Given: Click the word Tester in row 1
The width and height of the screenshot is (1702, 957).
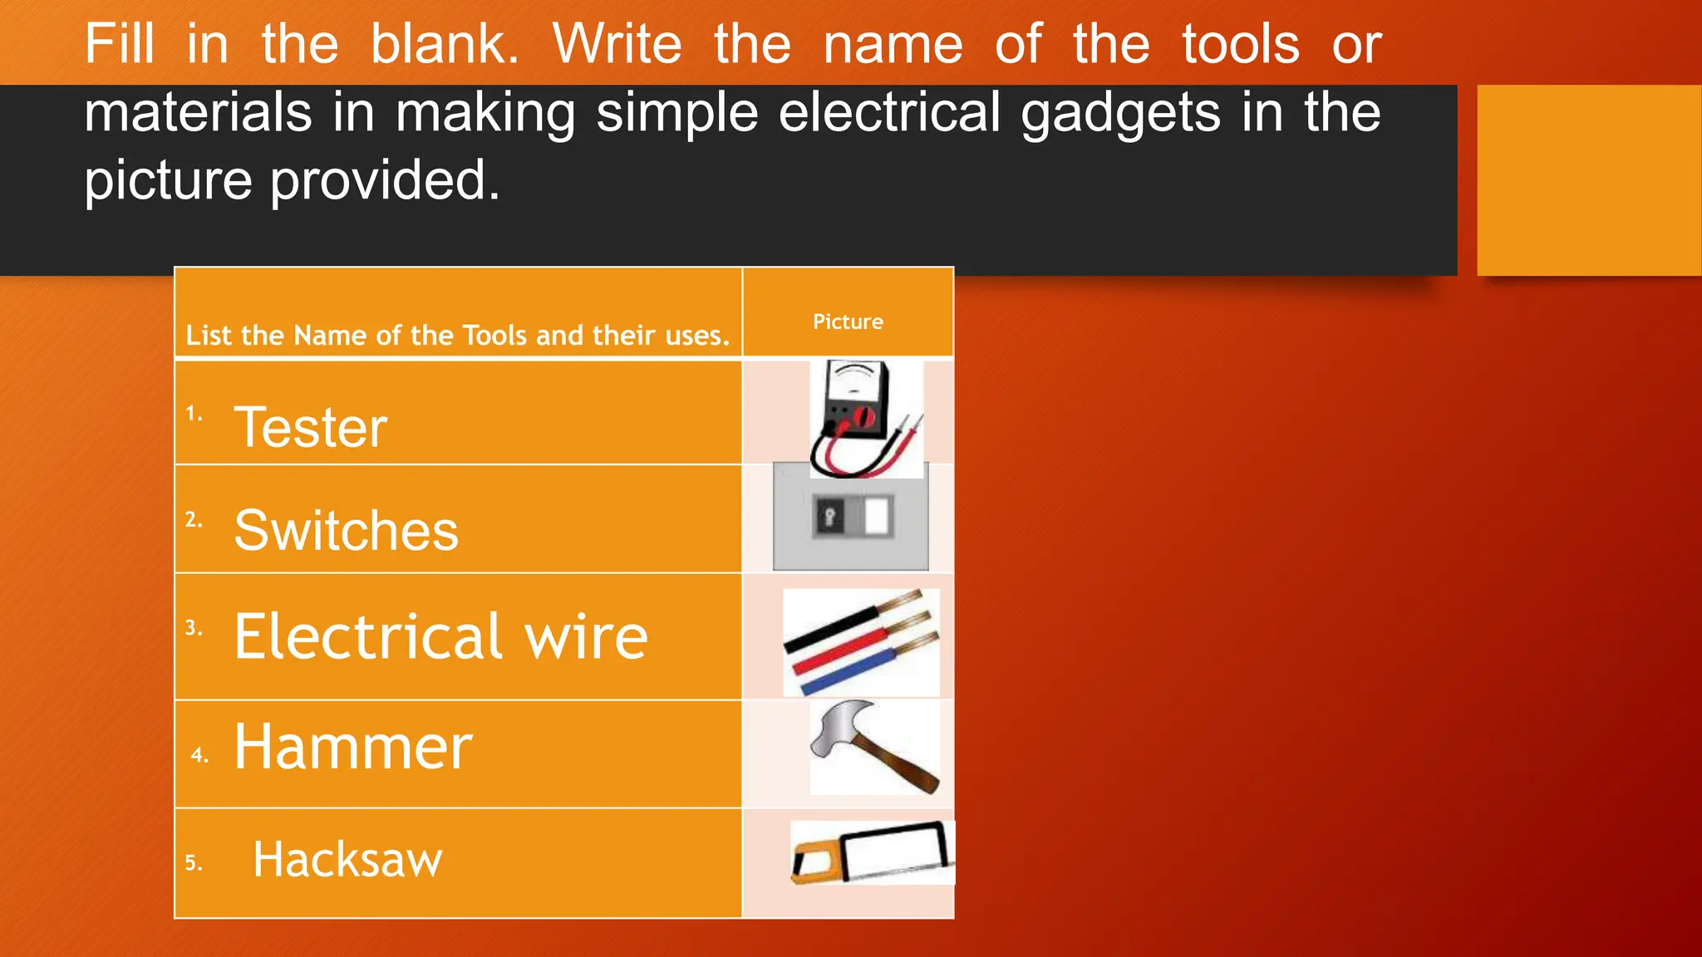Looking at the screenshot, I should pyautogui.click(x=310, y=427).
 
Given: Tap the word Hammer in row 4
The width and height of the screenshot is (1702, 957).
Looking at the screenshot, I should pyautogui.click(x=352, y=747).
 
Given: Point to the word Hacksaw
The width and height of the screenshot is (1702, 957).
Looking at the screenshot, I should pyautogui.click(x=347, y=859).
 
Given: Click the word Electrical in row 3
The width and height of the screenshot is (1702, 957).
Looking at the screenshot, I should pyautogui.click(x=368, y=636).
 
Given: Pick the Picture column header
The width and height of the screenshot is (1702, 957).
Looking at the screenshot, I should pyautogui.click(x=848, y=321).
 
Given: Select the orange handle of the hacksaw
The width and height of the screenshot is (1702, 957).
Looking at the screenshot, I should pyautogui.click(x=810, y=860).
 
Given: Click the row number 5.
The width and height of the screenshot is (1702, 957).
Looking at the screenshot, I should pyautogui.click(x=193, y=863).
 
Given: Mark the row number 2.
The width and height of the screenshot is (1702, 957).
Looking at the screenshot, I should pyautogui.click(x=193, y=520).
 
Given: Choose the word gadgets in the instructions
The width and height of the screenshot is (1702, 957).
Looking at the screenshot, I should pyautogui.click(x=1120, y=112).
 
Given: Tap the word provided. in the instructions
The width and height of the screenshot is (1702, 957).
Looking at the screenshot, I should pyautogui.click(x=385, y=180).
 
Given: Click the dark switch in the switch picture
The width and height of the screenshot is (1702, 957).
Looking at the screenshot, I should pyautogui.click(x=829, y=518).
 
